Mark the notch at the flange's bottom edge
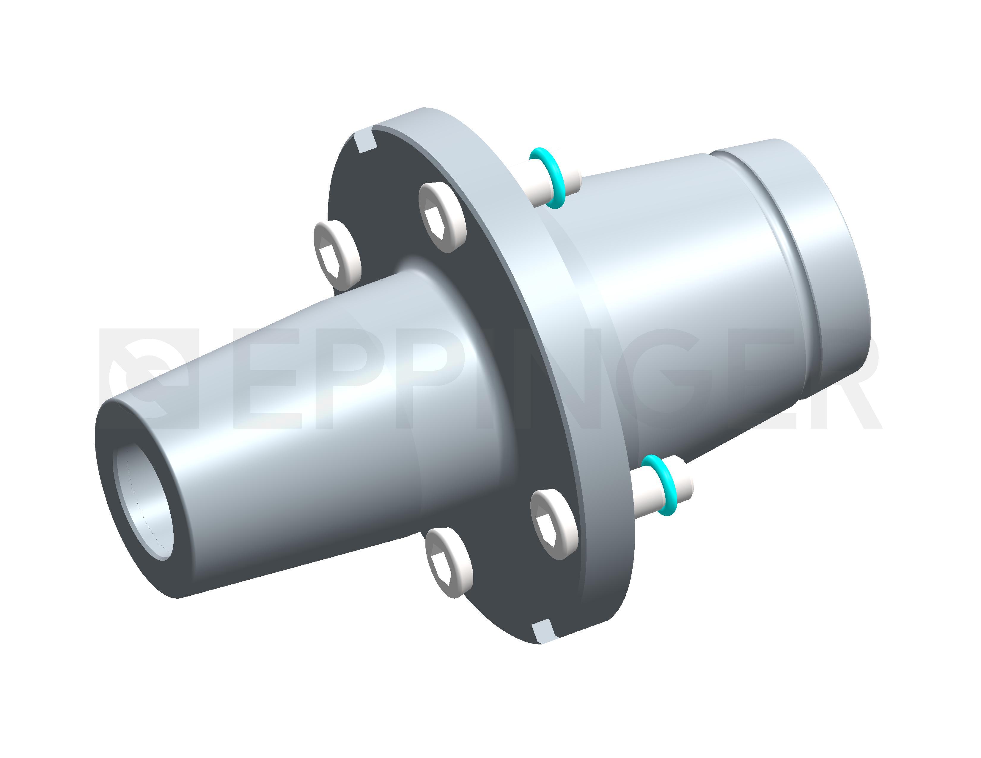[x=543, y=631]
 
